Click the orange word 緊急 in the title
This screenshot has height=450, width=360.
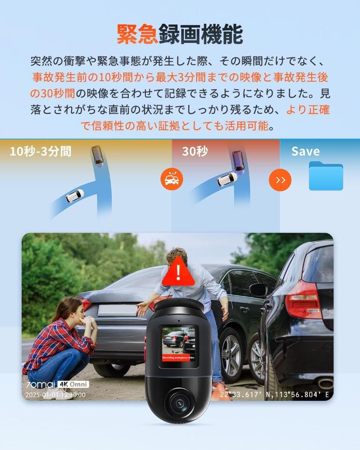[137, 34]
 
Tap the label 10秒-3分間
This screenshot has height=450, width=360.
[40, 151]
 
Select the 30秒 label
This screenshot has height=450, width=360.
[195, 151]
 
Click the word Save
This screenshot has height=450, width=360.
[305, 151]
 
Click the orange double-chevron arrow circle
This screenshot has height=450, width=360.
[280, 180]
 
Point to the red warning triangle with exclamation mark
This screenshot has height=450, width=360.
[178, 272]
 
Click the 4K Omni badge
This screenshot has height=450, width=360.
[73, 384]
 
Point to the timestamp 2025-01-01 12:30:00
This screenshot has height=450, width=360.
[55, 395]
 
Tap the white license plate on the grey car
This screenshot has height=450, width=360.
[117, 310]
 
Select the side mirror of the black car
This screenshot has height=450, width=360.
[259, 290]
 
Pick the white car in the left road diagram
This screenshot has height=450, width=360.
[75, 195]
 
